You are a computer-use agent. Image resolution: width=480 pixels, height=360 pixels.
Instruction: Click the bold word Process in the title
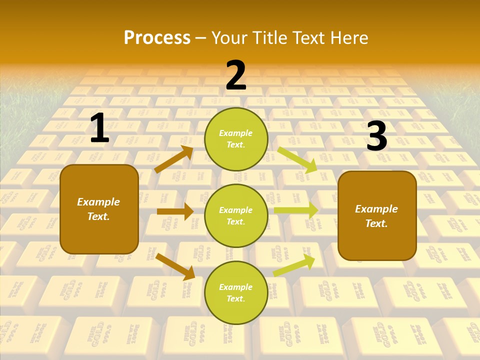[157, 37]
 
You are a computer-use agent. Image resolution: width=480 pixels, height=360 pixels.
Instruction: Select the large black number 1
[99, 128]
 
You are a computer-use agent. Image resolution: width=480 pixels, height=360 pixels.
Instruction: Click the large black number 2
[236, 75]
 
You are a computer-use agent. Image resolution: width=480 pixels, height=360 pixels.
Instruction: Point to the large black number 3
[376, 136]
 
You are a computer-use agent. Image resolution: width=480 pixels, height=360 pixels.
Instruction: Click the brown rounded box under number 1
[99, 209]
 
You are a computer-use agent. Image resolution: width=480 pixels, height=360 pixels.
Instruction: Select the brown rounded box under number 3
[377, 216]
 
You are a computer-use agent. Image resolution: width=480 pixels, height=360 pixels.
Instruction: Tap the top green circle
[236, 139]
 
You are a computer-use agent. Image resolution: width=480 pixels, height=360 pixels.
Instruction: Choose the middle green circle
[236, 215]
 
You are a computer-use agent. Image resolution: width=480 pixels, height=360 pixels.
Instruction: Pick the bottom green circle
[236, 292]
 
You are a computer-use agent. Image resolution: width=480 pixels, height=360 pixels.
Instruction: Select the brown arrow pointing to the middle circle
[175, 211]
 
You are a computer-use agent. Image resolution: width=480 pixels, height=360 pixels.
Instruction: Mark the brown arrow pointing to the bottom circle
[175, 266]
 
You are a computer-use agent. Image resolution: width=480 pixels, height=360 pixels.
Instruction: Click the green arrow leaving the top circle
[298, 160]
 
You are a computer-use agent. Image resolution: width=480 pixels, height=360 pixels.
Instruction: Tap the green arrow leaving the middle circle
[296, 210]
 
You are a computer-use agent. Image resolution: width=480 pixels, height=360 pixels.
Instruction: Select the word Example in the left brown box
[98, 202]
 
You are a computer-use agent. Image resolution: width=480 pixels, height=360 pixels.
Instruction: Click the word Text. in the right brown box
[376, 223]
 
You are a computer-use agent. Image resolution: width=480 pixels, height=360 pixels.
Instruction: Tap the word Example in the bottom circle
[236, 287]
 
